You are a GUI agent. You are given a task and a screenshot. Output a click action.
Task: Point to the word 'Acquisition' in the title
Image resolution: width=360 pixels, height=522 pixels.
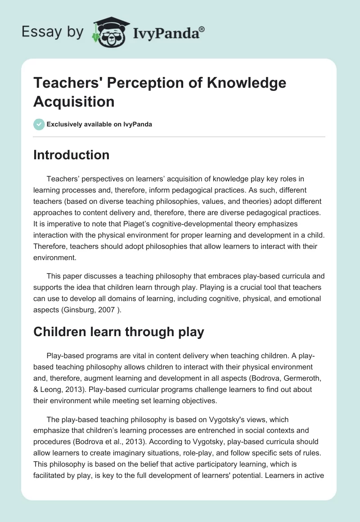coord(74,101)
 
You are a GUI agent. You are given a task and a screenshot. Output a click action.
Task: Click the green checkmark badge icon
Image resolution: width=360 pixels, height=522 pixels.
coord(39,124)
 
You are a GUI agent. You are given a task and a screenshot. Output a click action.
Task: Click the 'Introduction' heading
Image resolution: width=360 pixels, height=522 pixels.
coord(72,155)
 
